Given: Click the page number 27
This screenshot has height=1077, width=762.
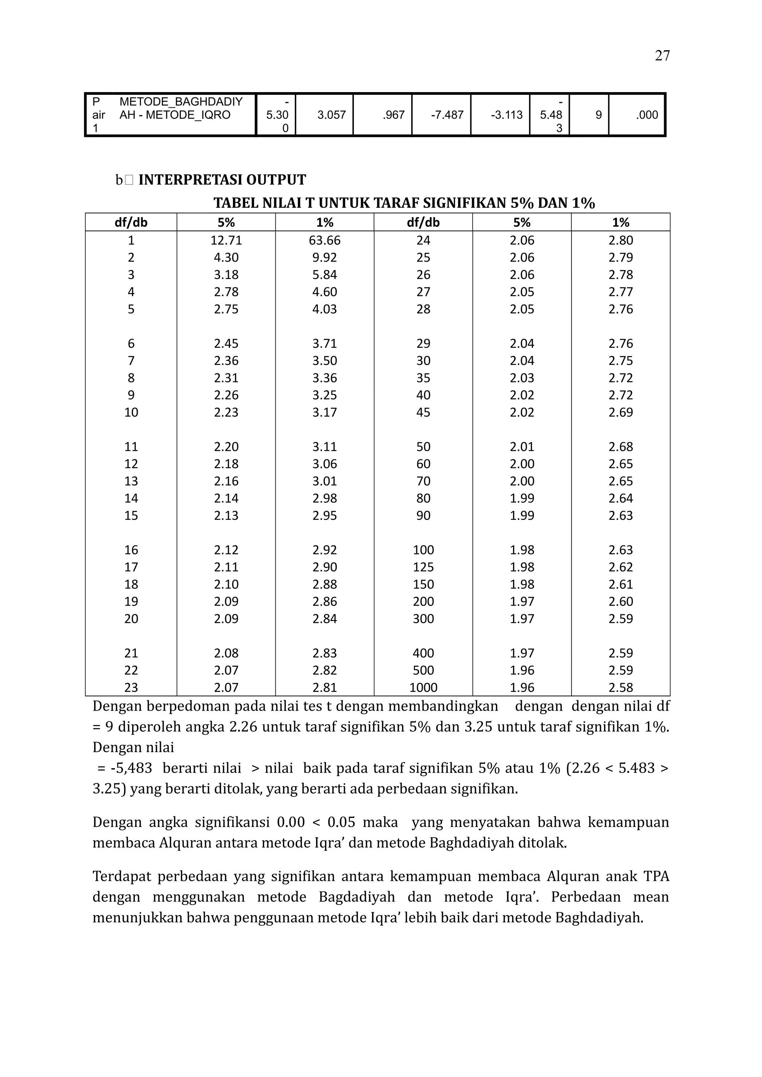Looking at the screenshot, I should [x=662, y=56].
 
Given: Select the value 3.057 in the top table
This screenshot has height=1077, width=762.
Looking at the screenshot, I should [x=332, y=115].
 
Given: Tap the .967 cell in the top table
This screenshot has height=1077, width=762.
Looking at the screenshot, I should [x=393, y=115].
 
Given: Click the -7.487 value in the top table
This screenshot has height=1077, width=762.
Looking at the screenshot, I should [x=447, y=115].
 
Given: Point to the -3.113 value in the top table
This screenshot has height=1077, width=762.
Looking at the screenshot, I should [x=506, y=115].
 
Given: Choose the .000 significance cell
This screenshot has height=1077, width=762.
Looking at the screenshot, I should [x=647, y=115].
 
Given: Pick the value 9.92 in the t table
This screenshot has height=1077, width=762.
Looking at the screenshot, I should [x=324, y=258].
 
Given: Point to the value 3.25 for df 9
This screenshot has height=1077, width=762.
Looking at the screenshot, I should [x=324, y=395].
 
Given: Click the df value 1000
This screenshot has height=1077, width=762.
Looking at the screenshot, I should [x=423, y=688].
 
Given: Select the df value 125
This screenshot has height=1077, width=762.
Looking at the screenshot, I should [x=423, y=567].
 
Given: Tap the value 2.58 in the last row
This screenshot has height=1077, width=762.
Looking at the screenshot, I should [x=620, y=688].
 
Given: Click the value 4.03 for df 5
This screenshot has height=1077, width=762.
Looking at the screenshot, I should [x=324, y=309].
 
